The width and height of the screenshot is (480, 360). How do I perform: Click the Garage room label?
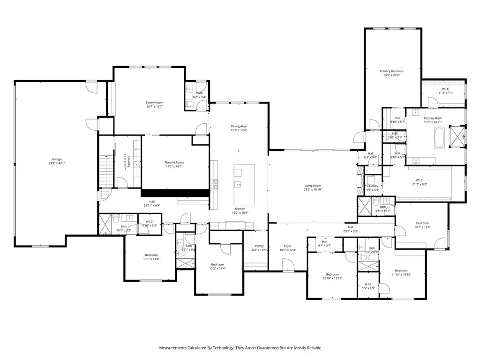[57, 159]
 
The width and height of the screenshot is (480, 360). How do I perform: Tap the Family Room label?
[154, 103]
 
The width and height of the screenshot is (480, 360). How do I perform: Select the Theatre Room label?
[173, 163]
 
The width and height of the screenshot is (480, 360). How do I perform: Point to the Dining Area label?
[239, 126]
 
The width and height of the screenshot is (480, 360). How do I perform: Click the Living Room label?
[313, 186]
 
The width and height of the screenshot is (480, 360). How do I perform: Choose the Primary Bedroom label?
[391, 71]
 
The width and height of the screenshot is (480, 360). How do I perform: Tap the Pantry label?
[259, 246]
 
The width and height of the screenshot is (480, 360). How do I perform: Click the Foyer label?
[288, 246]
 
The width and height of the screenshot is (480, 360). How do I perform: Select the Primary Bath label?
[433, 118]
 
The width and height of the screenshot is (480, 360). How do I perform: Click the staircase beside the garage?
[107, 171]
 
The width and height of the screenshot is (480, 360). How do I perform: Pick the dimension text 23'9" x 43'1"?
[57, 163]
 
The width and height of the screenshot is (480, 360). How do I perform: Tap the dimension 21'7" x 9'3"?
[419, 184]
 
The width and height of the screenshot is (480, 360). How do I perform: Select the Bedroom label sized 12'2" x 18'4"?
[217, 264]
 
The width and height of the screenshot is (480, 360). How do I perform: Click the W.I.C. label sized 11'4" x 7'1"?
[445, 89]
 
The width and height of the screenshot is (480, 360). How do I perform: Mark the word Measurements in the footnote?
[173, 348]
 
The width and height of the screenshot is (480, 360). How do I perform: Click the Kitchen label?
[240, 209]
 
